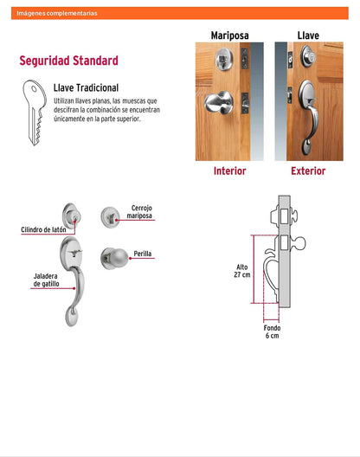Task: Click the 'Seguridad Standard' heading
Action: click(x=68, y=61)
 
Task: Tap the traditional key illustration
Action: click(x=35, y=113)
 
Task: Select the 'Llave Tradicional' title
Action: click(x=86, y=87)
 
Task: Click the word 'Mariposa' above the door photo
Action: click(x=229, y=35)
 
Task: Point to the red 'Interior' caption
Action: click(x=229, y=171)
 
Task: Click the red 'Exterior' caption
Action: click(x=308, y=171)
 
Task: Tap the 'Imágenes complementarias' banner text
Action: click(x=57, y=13)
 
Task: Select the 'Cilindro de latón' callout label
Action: click(x=43, y=229)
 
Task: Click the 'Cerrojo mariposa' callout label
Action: click(x=139, y=212)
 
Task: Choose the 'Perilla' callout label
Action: click(x=143, y=254)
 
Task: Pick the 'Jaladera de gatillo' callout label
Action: click(x=46, y=280)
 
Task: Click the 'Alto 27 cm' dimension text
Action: click(x=242, y=271)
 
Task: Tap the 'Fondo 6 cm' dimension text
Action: click(x=272, y=331)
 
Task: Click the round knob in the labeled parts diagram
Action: click(x=114, y=258)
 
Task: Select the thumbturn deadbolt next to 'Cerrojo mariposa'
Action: click(x=110, y=217)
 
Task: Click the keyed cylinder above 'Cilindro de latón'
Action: click(x=72, y=216)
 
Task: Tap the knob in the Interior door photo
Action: click(x=219, y=102)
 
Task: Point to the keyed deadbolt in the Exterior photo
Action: click(x=308, y=56)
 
